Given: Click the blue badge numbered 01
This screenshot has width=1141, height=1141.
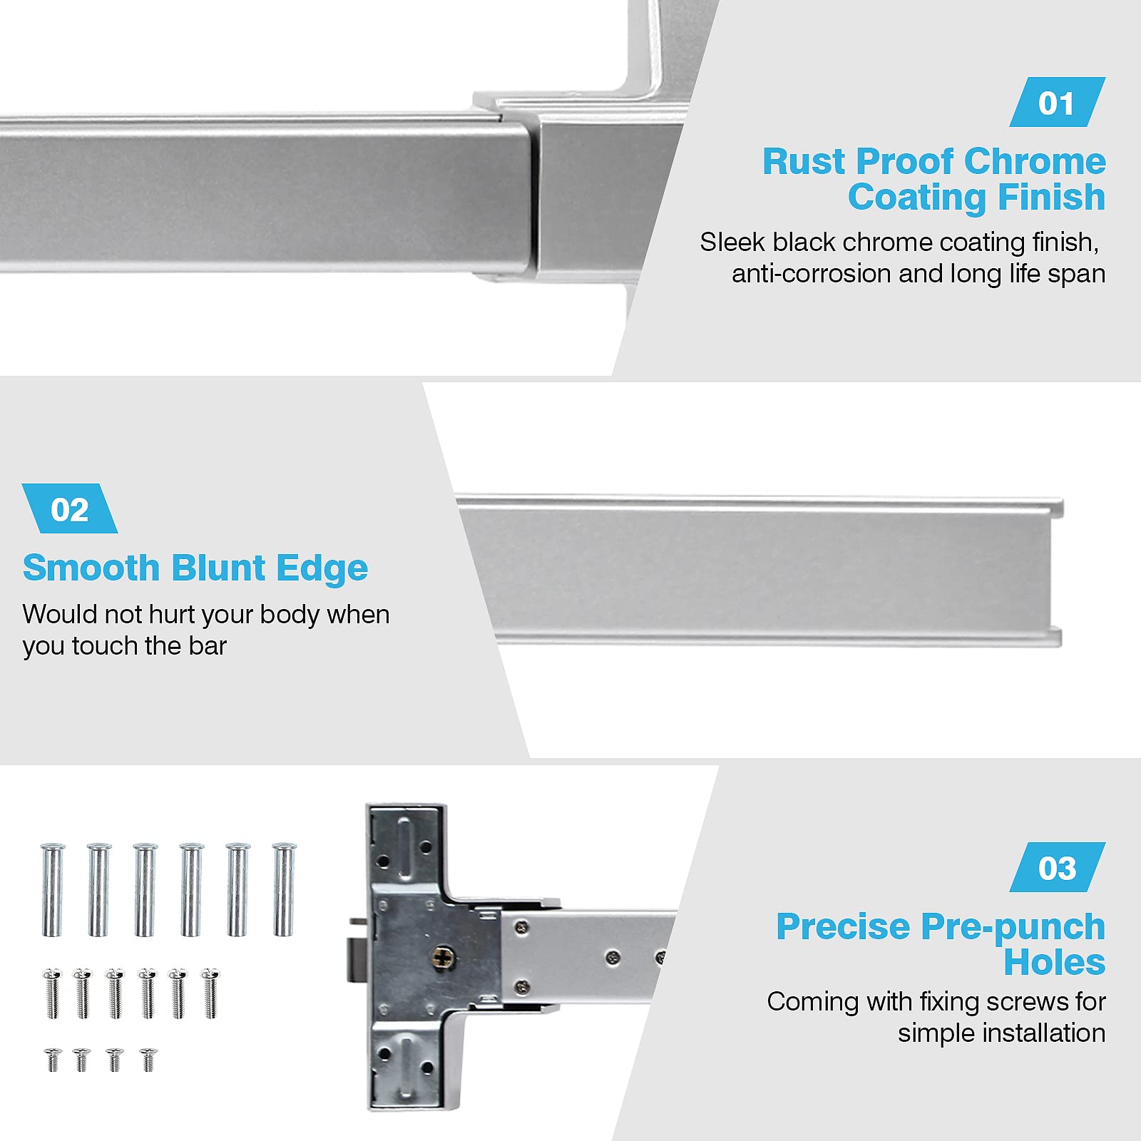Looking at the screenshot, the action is [x=1057, y=103].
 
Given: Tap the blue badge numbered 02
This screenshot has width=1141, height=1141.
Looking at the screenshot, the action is [x=70, y=508].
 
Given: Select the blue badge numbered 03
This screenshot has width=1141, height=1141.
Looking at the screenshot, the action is [x=1057, y=867].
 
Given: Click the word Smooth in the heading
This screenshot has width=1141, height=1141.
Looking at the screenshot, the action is [x=91, y=568].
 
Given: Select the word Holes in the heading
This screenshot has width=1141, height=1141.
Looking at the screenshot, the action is [x=1055, y=962].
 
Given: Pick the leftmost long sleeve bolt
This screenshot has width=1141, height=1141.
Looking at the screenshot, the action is [x=52, y=889].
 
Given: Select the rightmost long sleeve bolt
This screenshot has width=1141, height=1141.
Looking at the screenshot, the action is [x=283, y=889].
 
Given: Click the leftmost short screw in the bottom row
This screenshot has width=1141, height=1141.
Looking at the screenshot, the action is [x=53, y=1060].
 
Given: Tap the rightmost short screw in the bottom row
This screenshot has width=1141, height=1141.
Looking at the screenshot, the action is [x=148, y=1060].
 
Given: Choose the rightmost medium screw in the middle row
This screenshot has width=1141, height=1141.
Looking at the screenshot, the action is [x=210, y=993].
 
